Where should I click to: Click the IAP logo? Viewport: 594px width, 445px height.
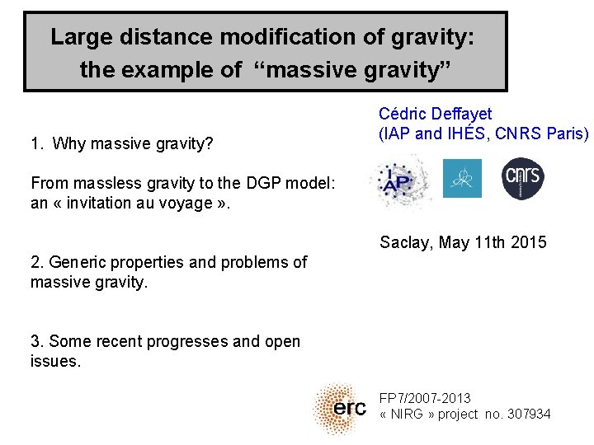point(401,181)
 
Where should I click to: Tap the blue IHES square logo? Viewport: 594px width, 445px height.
point(462,178)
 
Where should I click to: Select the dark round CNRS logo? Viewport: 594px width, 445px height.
point(523,178)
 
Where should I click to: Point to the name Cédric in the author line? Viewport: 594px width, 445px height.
point(403,114)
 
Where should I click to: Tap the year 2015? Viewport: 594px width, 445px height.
point(528,242)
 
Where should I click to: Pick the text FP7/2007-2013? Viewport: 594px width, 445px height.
point(425,399)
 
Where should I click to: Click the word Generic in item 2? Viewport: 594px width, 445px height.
point(76,262)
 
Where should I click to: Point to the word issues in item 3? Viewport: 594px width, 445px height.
point(54,361)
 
